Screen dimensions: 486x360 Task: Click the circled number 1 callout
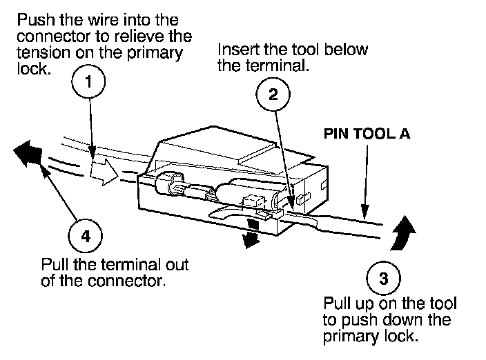88,81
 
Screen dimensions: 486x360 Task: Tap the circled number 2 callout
273,94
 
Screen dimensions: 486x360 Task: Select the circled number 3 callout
383,278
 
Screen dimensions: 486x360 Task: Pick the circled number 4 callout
85,236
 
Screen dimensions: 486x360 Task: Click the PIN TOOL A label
367,134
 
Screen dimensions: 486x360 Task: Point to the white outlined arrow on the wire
104,172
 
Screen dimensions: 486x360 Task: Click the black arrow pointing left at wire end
28,153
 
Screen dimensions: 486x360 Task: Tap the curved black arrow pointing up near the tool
403,233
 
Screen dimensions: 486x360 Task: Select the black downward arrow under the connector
252,233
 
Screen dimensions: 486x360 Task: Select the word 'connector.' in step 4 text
126,281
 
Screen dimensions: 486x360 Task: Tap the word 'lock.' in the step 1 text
34,69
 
